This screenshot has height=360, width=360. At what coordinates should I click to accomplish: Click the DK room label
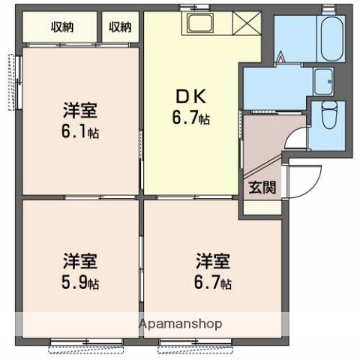point(191,95)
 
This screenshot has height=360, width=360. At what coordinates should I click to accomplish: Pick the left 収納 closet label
point(63,28)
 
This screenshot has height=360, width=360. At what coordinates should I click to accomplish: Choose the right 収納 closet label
point(120,28)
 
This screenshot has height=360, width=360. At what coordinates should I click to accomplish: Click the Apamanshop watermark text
point(179,325)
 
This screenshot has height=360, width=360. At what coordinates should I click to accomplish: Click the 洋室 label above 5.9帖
point(80,264)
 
